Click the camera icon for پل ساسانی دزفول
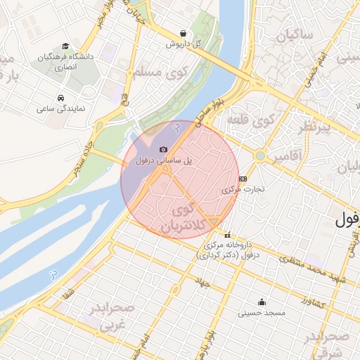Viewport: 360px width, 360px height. pyautogui.click(x=163, y=149)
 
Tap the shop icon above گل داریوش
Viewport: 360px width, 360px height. pyautogui.click(x=183, y=33)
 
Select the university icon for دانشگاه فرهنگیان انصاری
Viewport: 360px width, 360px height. pyautogui.click(x=65, y=46)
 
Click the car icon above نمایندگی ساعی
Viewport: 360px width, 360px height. pyautogui.click(x=60, y=98)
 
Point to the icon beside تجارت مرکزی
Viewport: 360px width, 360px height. pyautogui.click(x=243, y=179)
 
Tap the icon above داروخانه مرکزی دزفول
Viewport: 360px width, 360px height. pyautogui.click(x=226, y=236)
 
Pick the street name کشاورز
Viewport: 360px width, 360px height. pyautogui.click(x=309, y=302)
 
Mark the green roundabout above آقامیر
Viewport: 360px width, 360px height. pyautogui.click(x=261, y=155)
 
